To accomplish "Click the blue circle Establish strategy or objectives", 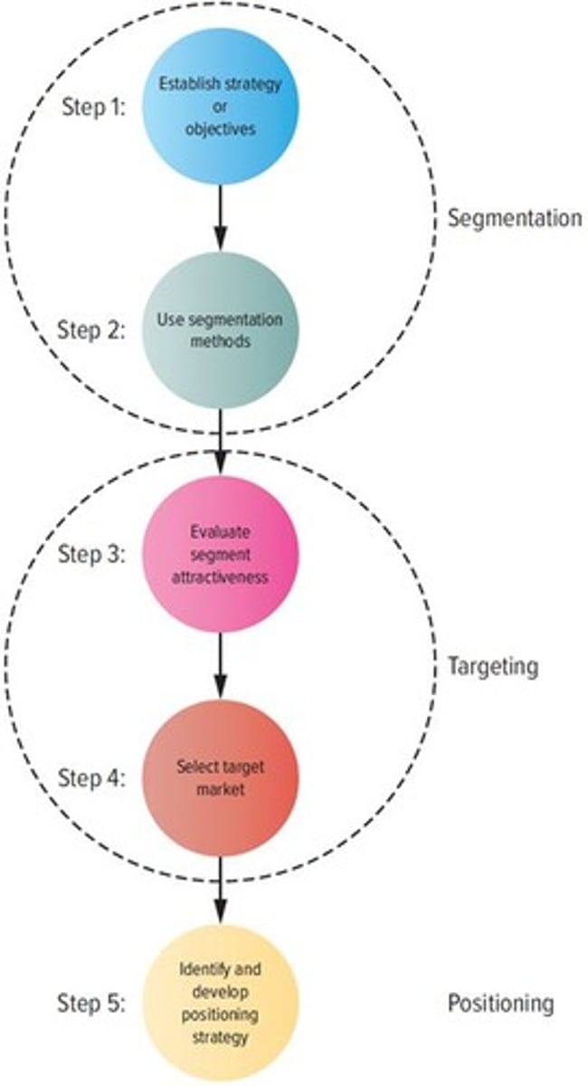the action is click(x=220, y=107).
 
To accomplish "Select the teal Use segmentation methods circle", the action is click(x=220, y=330).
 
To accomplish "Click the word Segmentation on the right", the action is click(x=515, y=218).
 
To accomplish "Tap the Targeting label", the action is click(x=492, y=667).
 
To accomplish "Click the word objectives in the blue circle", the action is click(x=220, y=129).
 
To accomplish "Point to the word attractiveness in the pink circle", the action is click(x=220, y=576).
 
